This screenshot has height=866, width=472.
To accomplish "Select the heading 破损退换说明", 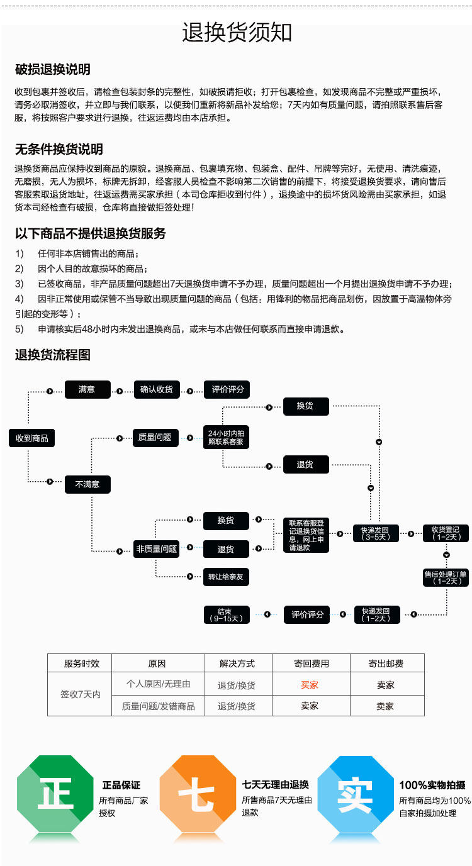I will pos(53,69).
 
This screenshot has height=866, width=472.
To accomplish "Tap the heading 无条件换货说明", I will pos(59,149).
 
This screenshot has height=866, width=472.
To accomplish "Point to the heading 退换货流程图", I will pos(53,355).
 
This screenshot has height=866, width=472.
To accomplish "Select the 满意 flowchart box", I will pos(87,389).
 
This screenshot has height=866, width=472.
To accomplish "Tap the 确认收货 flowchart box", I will pos(157,389).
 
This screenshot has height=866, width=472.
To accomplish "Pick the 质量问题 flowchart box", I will pos(155,437).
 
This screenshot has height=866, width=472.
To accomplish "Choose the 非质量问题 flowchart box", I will pos(157,548).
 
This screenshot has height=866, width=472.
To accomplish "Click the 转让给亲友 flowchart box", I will pos(225,577).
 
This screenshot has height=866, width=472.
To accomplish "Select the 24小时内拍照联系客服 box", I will pos(226,438).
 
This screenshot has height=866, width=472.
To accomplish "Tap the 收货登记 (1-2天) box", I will pos(446,533).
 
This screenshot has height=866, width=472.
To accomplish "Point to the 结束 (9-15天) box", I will pos(226,614).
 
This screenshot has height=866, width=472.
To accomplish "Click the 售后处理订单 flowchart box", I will pos(446,577).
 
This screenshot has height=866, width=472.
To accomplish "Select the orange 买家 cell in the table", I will pos(310,684).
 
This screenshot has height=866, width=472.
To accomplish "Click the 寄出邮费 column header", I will pos(385,663).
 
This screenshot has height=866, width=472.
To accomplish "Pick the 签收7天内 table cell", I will pos(80,695).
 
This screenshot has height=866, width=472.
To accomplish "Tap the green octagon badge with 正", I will pos(55,796).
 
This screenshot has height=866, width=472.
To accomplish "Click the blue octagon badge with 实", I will pos(354,796).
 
